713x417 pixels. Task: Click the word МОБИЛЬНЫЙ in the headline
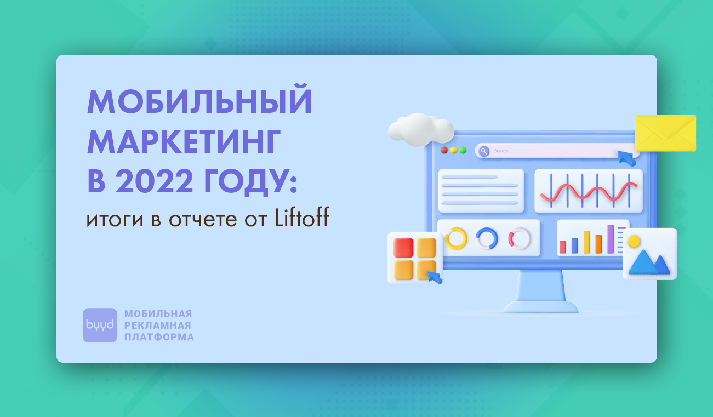(x=199, y=99)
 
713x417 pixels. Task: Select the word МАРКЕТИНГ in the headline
(x=184, y=142)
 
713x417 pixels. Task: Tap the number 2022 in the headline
(x=155, y=181)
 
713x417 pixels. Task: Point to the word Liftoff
(x=302, y=218)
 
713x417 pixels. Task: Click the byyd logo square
(x=100, y=325)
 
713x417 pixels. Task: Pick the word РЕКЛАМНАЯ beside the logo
(x=157, y=325)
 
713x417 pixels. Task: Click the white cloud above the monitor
(x=421, y=130)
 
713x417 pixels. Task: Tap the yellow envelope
(x=665, y=133)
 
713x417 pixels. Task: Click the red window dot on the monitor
(x=444, y=150)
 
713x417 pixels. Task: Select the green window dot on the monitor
(x=463, y=150)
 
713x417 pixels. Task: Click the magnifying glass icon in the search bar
(x=484, y=151)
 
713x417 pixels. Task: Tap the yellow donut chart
(x=456, y=238)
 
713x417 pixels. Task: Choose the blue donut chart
(x=487, y=238)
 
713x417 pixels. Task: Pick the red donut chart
(x=520, y=238)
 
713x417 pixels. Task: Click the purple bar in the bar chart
(x=611, y=239)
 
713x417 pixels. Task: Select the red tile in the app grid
(x=403, y=248)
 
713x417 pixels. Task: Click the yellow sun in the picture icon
(x=634, y=241)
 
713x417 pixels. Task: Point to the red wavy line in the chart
(x=589, y=192)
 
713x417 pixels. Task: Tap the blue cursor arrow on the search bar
(x=626, y=158)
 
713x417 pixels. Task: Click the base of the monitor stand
(x=540, y=307)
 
